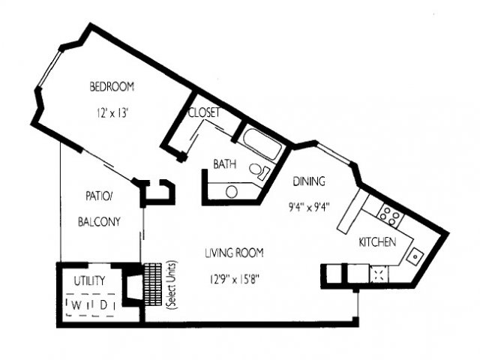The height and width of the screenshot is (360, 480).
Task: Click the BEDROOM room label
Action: click(112, 87)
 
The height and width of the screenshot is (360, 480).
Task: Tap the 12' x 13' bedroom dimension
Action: click(112, 113)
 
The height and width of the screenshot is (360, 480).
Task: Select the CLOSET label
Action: click(204, 112)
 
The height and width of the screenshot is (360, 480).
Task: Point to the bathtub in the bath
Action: click(263, 144)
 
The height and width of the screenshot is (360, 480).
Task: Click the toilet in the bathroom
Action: click(259, 171)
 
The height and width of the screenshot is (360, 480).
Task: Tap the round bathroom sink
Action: click(232, 192)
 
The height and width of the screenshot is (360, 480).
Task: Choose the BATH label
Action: click(225, 164)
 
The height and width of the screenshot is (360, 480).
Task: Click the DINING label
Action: click(309, 181)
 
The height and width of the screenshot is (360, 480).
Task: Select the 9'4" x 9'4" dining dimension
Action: click(309, 207)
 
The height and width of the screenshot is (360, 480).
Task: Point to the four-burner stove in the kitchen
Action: click(389, 215)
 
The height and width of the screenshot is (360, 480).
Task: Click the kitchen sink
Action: click(415, 256)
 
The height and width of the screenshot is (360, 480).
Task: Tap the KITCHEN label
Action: click(377, 241)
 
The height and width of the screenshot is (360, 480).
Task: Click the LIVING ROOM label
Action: click(234, 253)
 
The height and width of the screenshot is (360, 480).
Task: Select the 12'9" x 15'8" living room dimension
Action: click(235, 279)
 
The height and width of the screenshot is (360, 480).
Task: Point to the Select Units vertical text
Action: click(172, 285)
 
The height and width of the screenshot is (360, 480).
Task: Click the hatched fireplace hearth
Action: click(153, 284)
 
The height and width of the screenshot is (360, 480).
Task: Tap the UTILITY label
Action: click(89, 280)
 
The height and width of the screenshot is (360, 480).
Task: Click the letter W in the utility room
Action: click(77, 305)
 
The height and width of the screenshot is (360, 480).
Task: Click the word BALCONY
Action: click(99, 221)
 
